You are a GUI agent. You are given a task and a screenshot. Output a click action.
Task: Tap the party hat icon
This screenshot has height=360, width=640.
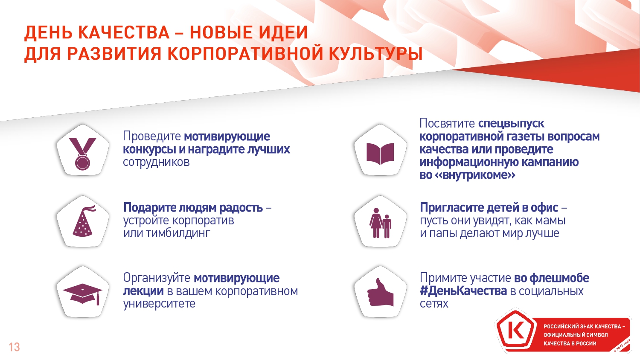[x=84, y=221]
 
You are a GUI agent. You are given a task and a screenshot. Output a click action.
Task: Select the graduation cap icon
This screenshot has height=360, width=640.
[x=83, y=294]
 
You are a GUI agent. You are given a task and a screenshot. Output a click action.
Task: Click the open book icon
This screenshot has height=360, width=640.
[x=380, y=154]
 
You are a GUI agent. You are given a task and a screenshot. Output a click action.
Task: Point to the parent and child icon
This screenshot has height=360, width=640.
[x=380, y=223]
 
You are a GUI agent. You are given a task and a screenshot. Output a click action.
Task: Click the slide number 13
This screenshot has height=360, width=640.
[x=14, y=347]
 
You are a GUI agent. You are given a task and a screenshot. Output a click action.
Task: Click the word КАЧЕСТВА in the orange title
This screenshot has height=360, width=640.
[x=124, y=32]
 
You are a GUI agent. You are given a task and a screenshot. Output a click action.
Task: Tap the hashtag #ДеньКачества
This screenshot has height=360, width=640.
[x=463, y=291]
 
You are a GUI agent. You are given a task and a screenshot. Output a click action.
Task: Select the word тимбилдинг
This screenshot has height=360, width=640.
[x=178, y=233]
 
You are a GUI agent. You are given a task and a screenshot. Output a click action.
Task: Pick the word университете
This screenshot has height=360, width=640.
[x=159, y=303]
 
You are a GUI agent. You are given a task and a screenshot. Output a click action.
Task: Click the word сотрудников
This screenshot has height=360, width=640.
[x=156, y=162]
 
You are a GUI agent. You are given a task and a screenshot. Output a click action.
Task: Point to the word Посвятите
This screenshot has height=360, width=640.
[x=447, y=123]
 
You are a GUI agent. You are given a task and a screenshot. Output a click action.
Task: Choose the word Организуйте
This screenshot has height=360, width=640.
[x=157, y=278]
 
